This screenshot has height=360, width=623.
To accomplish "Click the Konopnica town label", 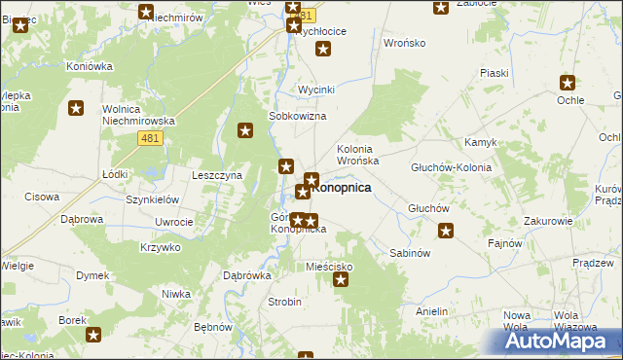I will click(x=341, y=188).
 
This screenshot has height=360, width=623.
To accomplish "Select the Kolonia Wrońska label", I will click(x=363, y=154).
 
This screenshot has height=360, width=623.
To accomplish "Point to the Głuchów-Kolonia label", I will click(x=451, y=167).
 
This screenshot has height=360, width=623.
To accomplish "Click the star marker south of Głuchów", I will click(x=446, y=231).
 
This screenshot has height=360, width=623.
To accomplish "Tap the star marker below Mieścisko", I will click(x=341, y=281).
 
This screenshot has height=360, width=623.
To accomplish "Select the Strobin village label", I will click(x=284, y=302).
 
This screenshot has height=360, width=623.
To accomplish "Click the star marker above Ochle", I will click(x=568, y=84).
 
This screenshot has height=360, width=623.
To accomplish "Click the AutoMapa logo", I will click(x=564, y=341).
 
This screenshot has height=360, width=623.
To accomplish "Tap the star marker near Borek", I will click(x=93, y=336).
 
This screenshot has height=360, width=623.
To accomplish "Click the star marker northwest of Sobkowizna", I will click(x=245, y=130).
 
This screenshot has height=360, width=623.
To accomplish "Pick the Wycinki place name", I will click(x=316, y=90).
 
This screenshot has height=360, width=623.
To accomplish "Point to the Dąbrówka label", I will click(x=247, y=275).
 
